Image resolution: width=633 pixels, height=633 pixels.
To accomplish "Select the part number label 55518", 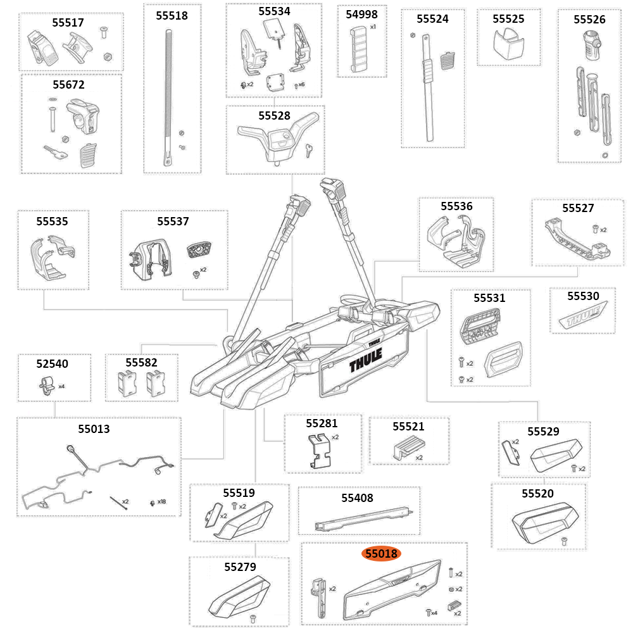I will (x=172, y=16).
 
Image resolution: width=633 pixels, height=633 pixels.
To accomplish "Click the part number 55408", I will (x=357, y=498).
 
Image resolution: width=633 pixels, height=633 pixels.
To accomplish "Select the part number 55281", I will (x=322, y=423).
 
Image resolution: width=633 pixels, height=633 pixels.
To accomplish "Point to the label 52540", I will (x=52, y=363).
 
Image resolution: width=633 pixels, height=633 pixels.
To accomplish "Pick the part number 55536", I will (x=456, y=206).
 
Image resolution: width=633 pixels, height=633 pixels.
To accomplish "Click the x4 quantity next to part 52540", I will (x=61, y=385).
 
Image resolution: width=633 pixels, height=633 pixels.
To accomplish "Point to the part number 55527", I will (x=578, y=208).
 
